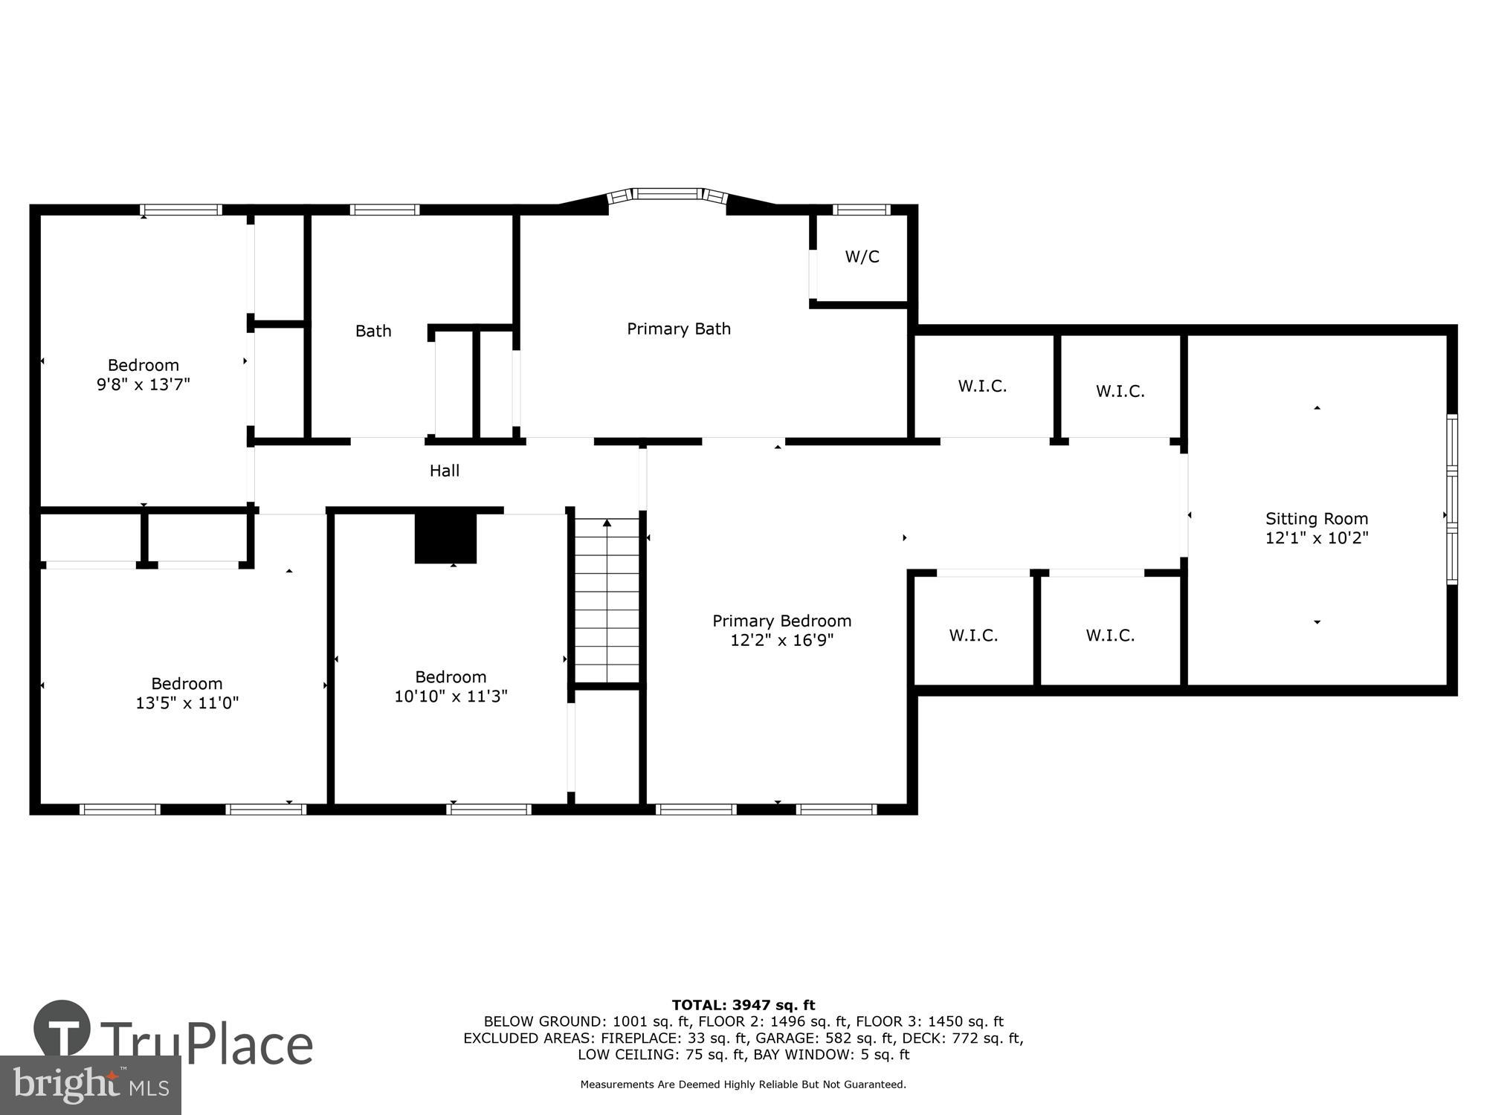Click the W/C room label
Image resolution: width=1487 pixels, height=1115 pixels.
pyautogui.click(x=862, y=256)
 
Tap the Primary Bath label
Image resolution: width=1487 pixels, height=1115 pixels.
pyautogui.click(x=678, y=329)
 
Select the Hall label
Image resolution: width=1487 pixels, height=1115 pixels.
pyautogui.click(x=444, y=471)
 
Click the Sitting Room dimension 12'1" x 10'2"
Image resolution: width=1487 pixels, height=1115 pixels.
pyautogui.click(x=1317, y=538)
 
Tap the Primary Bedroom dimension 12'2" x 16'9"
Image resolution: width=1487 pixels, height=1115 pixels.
pyautogui.click(x=781, y=640)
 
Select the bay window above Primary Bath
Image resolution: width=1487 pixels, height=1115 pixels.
pyautogui.click(x=667, y=195)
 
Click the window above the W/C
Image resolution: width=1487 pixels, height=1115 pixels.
pyautogui.click(x=861, y=210)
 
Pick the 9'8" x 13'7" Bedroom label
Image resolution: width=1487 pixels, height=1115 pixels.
pyautogui.click(x=143, y=375)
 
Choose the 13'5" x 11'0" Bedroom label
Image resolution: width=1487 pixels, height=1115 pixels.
pyautogui.click(x=187, y=693)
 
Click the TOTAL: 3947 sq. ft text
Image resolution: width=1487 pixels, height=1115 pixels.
pyautogui.click(x=743, y=1006)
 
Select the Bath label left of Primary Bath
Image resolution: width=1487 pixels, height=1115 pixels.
pyautogui.click(x=373, y=331)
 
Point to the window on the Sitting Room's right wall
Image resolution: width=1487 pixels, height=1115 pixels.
pyautogui.click(x=1451, y=500)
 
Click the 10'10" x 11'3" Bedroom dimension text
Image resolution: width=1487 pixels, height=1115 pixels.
pyautogui.click(x=451, y=697)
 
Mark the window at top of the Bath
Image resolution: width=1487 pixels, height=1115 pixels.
pyautogui.click(x=384, y=210)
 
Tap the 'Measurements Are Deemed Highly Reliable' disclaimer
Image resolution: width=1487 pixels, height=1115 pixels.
pyautogui.click(x=743, y=1085)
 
